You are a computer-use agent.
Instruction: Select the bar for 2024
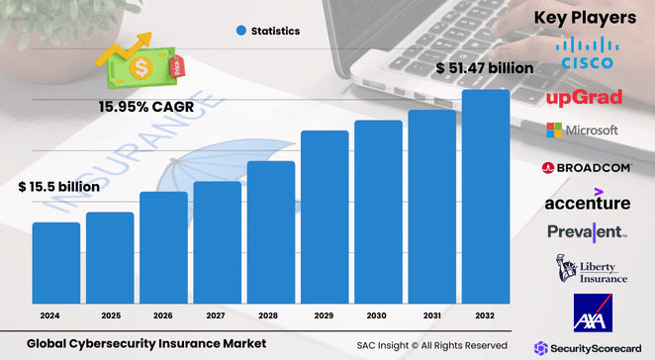(56, 264)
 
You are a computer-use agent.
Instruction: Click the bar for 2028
(271, 233)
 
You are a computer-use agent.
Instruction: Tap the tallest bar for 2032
(486, 198)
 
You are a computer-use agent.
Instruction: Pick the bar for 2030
(379, 213)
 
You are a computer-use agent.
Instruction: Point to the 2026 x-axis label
(163, 315)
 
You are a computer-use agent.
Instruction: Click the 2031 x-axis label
(432, 315)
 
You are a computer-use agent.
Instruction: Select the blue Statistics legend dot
(239, 31)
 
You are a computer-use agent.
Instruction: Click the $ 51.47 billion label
(485, 68)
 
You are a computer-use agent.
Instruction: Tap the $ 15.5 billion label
(58, 186)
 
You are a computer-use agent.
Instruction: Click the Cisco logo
(587, 53)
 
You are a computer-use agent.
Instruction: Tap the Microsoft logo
(583, 131)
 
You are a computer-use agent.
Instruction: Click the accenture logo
(588, 201)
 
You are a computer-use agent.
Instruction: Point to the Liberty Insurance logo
(591, 269)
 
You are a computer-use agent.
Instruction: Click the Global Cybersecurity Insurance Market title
(146, 344)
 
